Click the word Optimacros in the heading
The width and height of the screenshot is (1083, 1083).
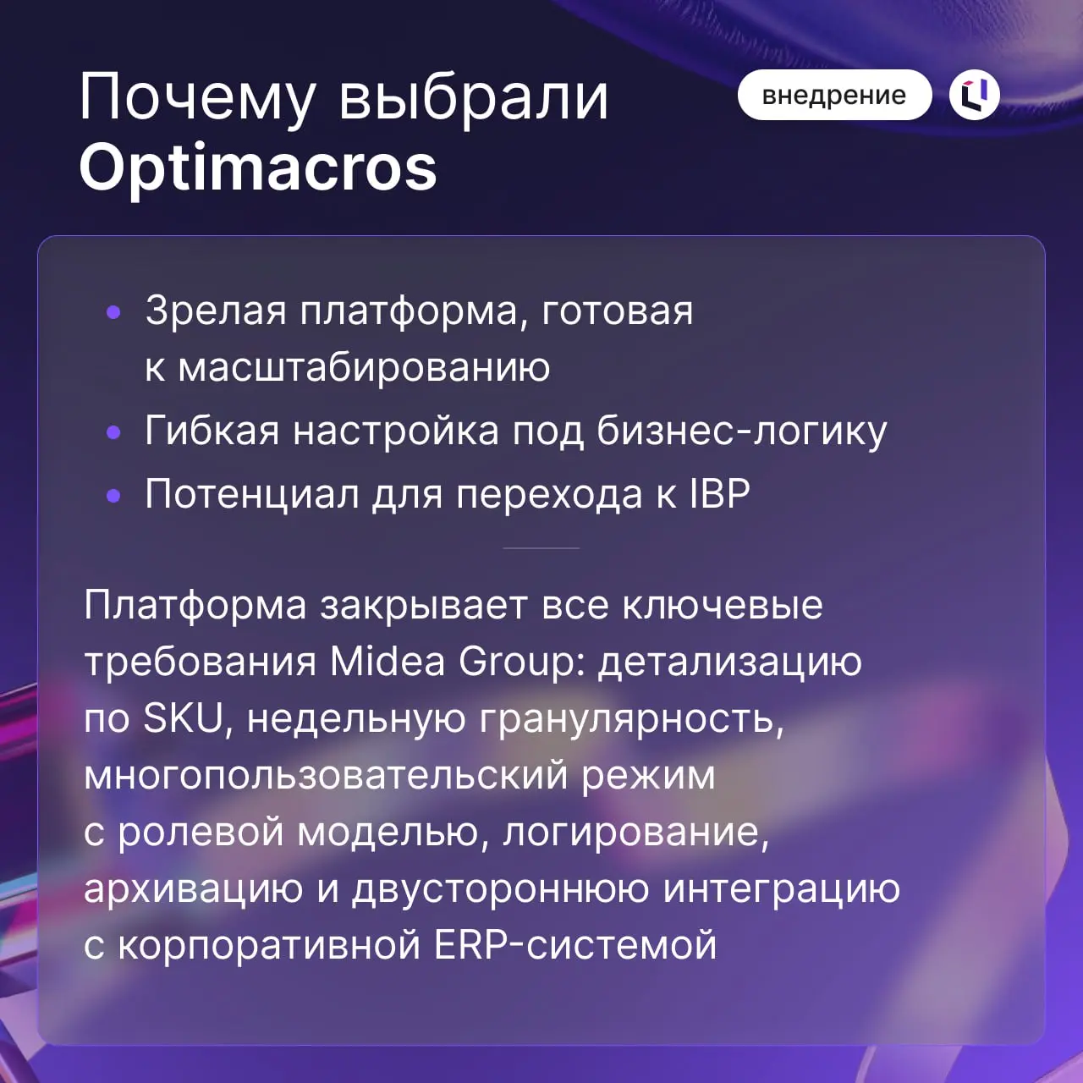tap(258, 167)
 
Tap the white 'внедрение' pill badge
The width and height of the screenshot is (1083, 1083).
tap(834, 95)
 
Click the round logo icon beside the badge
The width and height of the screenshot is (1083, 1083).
tap(975, 95)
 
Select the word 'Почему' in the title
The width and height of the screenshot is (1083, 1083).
tap(198, 98)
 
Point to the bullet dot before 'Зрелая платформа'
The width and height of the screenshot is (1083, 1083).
tap(114, 313)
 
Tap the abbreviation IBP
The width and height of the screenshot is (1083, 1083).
tap(719, 494)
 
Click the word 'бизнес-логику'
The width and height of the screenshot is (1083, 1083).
tap(742, 431)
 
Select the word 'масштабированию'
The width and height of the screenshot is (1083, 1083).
tap(364, 367)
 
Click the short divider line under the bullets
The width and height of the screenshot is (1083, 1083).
tap(541, 548)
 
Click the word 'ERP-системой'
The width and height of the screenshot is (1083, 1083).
tap(575, 945)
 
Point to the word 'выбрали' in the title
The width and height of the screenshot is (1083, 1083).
tap(474, 98)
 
